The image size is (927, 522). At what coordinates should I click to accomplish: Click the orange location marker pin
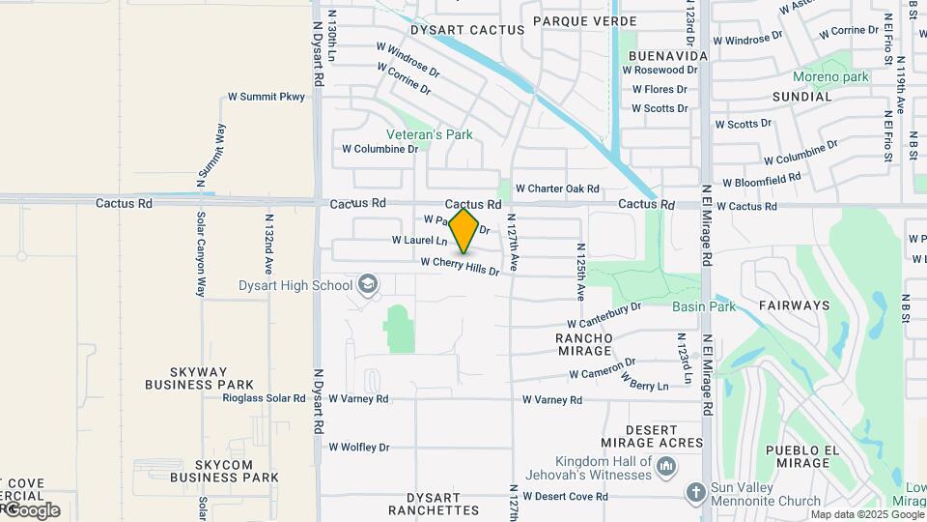464,231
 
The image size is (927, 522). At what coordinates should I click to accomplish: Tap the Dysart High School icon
367,284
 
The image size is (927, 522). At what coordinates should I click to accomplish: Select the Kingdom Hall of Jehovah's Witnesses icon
666,468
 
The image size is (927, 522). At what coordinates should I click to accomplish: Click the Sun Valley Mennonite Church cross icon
695,493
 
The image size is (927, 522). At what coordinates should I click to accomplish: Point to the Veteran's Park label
430,134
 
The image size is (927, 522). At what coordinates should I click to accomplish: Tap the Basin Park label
704,306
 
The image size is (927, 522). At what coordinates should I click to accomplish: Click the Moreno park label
830,76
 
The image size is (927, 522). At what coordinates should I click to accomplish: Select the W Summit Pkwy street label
266,97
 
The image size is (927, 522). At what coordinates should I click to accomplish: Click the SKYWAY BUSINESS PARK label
199,378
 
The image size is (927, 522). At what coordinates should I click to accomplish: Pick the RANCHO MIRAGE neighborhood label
583,344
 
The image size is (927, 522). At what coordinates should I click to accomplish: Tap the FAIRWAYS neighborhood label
794,305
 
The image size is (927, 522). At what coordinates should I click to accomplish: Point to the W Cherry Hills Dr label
460,267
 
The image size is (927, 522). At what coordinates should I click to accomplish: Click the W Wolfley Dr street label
358,448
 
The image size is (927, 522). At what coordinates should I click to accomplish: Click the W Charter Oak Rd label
557,188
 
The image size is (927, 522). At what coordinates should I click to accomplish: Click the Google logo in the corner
32,510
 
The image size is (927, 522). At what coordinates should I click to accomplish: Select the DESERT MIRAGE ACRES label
664,436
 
